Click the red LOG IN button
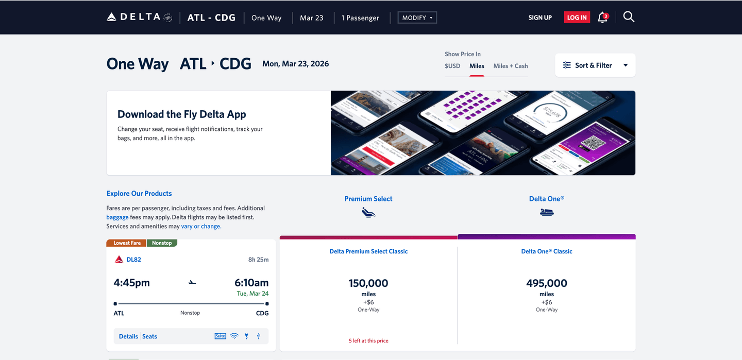(577, 18)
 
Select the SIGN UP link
(539, 18)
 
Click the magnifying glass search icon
(629, 17)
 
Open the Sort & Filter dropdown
(595, 65)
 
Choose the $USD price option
(452, 66)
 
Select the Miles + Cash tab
(510, 66)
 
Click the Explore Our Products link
(139, 194)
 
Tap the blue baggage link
(117, 217)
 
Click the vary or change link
(201, 226)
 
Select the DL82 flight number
(133, 260)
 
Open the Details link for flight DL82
(128, 336)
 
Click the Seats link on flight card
(149, 336)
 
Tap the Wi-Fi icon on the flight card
(234, 336)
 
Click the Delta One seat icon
(547, 212)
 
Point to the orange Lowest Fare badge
(127, 243)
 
